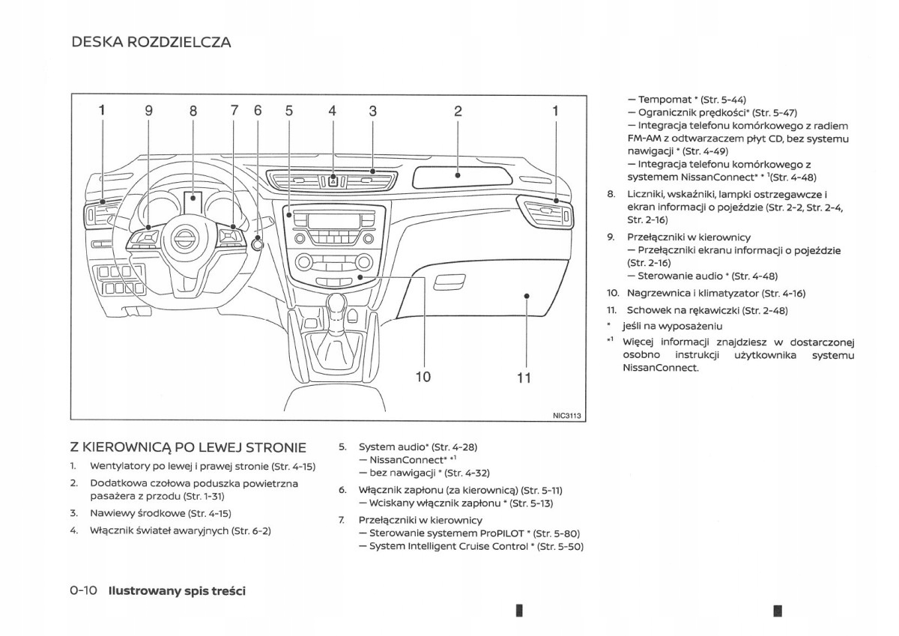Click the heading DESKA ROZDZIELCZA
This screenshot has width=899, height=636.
pos(151,42)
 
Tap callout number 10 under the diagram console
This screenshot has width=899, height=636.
pos(423,376)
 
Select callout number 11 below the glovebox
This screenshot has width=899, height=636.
pos(524,378)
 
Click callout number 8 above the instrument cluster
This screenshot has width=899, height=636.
pos(193,111)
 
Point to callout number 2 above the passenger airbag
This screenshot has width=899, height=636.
pos(458,111)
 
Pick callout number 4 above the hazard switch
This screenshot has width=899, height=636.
pos(333,111)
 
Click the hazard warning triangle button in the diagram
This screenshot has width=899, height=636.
pos(333,181)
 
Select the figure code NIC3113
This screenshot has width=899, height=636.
pos(568,416)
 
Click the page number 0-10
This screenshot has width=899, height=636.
pos(84,590)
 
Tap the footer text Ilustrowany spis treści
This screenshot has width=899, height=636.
pos(177,590)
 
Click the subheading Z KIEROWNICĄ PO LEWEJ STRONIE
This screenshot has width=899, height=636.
pos(188,447)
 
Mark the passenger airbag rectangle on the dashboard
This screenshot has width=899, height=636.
pos(458,178)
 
